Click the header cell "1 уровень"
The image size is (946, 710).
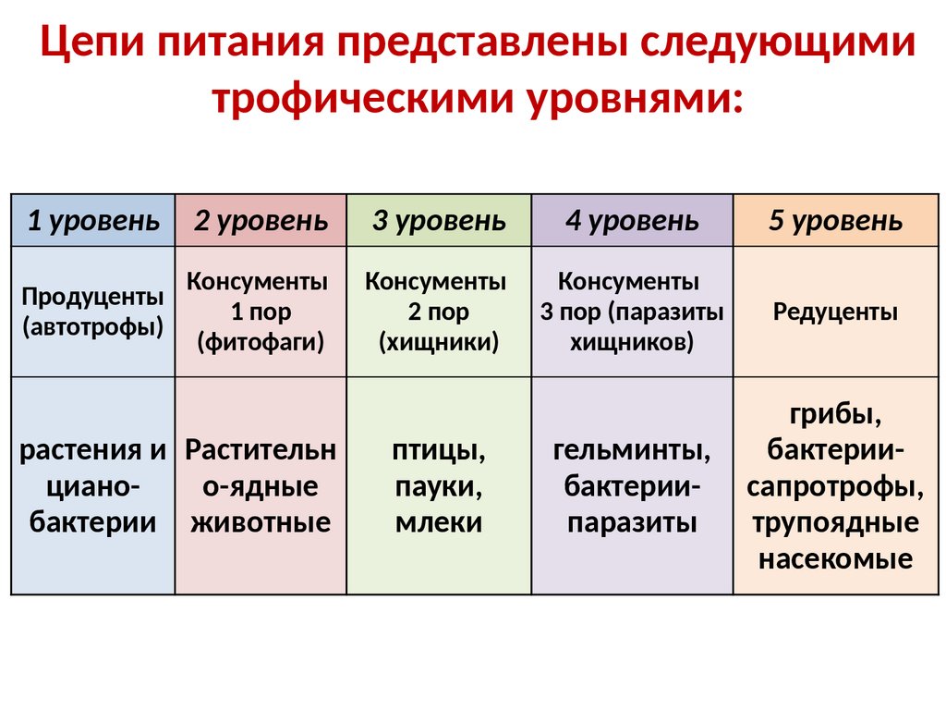(x=92, y=221)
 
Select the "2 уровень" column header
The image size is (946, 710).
(x=261, y=221)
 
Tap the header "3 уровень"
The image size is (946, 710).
(x=439, y=221)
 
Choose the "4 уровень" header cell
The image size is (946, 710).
(x=632, y=221)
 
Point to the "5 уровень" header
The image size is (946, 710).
(x=836, y=221)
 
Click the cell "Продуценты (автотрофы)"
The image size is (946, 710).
(x=92, y=312)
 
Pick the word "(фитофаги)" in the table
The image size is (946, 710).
(x=261, y=343)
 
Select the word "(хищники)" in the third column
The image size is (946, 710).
(x=439, y=343)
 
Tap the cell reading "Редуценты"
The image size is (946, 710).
(x=836, y=312)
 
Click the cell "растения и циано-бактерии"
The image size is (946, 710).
(x=92, y=487)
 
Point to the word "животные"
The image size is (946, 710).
(x=261, y=522)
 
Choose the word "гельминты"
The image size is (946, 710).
(x=632, y=452)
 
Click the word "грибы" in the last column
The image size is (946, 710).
(x=836, y=415)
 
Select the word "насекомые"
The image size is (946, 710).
(x=836, y=558)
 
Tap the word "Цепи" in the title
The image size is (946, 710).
(x=92, y=44)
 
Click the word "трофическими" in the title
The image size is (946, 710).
(x=363, y=98)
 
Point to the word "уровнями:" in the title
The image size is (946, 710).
(x=634, y=98)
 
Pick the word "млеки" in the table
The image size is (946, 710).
(x=439, y=522)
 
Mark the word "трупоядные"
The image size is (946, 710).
(x=836, y=523)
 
